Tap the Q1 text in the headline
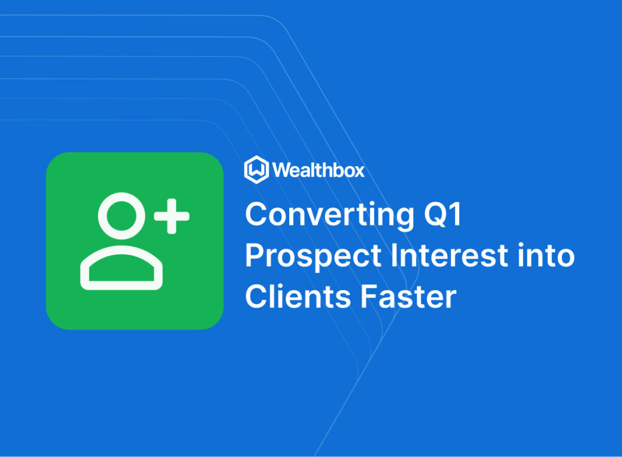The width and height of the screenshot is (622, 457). (443, 214)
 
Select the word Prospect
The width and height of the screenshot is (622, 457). (313, 257)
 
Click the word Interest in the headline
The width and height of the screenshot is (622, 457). (449, 256)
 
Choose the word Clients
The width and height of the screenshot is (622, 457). (298, 296)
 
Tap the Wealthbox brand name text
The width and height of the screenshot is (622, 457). (318, 170)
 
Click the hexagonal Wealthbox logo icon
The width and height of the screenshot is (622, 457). (256, 170)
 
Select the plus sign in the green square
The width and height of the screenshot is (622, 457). (172, 216)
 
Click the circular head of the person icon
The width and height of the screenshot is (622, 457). (121, 216)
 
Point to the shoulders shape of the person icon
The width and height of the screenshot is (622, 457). (121, 268)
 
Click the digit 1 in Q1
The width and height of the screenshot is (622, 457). (456, 214)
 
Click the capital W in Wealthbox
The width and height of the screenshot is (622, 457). (282, 170)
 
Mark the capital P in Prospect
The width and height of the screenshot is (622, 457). (255, 256)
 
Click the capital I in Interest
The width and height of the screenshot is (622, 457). (394, 256)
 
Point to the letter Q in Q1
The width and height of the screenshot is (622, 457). (436, 214)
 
